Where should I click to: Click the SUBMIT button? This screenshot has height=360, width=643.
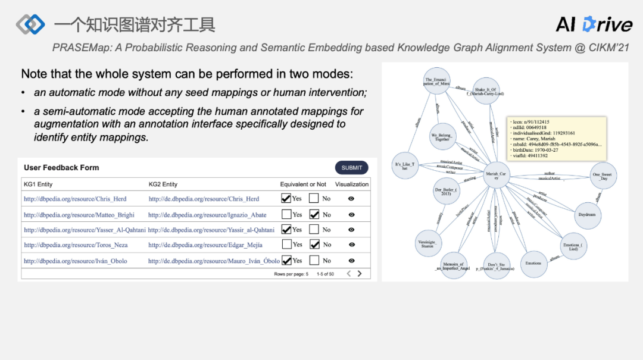point(351,168)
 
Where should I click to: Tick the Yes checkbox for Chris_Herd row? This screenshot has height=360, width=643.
point(286,198)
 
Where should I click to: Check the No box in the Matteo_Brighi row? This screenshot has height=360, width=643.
point(314,214)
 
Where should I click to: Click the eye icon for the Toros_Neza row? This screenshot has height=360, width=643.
point(352,245)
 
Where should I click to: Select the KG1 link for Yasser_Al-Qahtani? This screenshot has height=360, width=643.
point(85,230)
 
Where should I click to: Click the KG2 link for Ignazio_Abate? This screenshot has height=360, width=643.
point(207,215)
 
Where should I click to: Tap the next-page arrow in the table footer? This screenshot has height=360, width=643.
point(360,274)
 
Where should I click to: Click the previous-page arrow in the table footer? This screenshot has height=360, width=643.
point(349,274)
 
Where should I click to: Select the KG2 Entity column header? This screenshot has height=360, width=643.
point(163,184)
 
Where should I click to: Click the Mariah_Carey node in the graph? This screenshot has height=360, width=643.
point(496,176)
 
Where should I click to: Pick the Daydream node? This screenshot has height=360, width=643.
point(586,215)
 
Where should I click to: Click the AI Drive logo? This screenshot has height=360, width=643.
point(594,24)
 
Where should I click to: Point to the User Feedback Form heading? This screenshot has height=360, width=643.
point(61,168)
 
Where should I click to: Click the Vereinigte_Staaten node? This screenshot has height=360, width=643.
point(428,243)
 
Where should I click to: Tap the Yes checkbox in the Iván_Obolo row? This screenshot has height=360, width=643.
point(286,260)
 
